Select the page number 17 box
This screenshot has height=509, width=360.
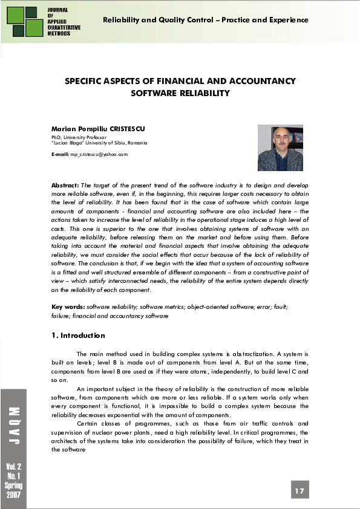[299, 490]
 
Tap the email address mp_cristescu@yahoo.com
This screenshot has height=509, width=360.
[99, 155]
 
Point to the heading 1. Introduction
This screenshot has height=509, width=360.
[78, 336]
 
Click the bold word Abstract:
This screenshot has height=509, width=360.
[65, 184]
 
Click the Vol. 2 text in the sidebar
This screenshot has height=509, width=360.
[14, 467]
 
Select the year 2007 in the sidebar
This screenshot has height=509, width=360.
[14, 494]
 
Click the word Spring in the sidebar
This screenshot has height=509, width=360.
[14, 485]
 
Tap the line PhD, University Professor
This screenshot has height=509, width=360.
[80, 138]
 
